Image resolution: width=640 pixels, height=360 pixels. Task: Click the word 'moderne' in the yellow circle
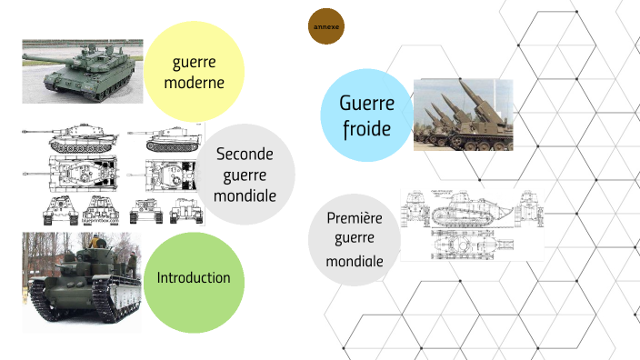194,84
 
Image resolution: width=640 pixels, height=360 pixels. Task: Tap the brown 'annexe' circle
326,27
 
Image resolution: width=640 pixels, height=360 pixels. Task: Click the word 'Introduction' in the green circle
194,277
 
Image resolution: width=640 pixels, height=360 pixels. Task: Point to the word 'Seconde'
244,155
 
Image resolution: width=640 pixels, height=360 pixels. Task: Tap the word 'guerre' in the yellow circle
194,63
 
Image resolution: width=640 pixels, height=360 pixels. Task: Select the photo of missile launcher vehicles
464,115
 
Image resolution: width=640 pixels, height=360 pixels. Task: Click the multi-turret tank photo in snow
83,277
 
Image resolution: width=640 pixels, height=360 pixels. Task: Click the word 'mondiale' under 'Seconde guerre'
244,195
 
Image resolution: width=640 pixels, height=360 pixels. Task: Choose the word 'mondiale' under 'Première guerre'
355,260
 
